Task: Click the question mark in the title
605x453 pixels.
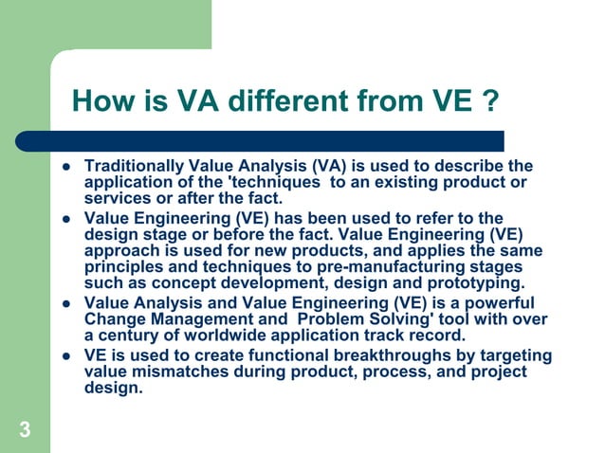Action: click(488, 100)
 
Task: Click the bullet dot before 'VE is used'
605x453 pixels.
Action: click(68, 357)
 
